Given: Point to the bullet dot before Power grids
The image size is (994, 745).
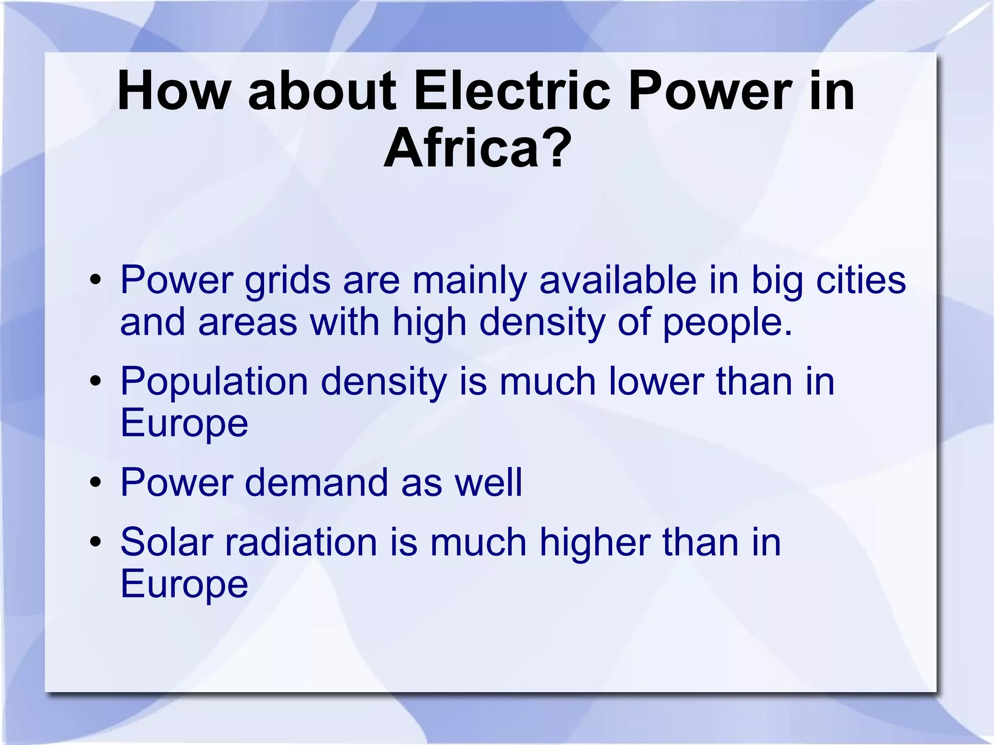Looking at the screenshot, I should [x=95, y=280].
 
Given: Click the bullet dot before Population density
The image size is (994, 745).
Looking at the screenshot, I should [x=95, y=381].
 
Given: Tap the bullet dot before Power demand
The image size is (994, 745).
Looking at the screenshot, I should [x=95, y=483].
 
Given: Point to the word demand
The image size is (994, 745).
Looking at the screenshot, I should [x=316, y=482].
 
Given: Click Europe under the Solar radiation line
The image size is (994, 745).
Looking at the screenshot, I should [x=184, y=584].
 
